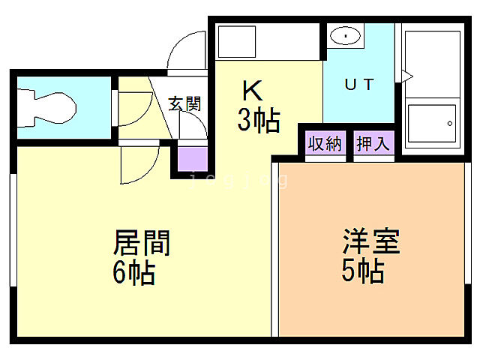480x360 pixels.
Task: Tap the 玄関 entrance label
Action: coord(184,103)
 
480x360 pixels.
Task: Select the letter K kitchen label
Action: coord(252,91)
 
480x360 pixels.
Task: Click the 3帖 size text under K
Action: coord(259,119)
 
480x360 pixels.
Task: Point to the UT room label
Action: coord(358,84)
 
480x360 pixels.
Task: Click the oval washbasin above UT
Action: coord(345,34)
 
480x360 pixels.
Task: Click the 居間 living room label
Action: coord(142,242)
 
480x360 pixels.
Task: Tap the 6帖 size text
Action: coord(134,272)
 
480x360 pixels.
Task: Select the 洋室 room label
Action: coord(371,242)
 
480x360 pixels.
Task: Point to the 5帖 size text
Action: coord(364,271)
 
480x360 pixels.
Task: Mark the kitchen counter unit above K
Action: coord(267,42)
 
